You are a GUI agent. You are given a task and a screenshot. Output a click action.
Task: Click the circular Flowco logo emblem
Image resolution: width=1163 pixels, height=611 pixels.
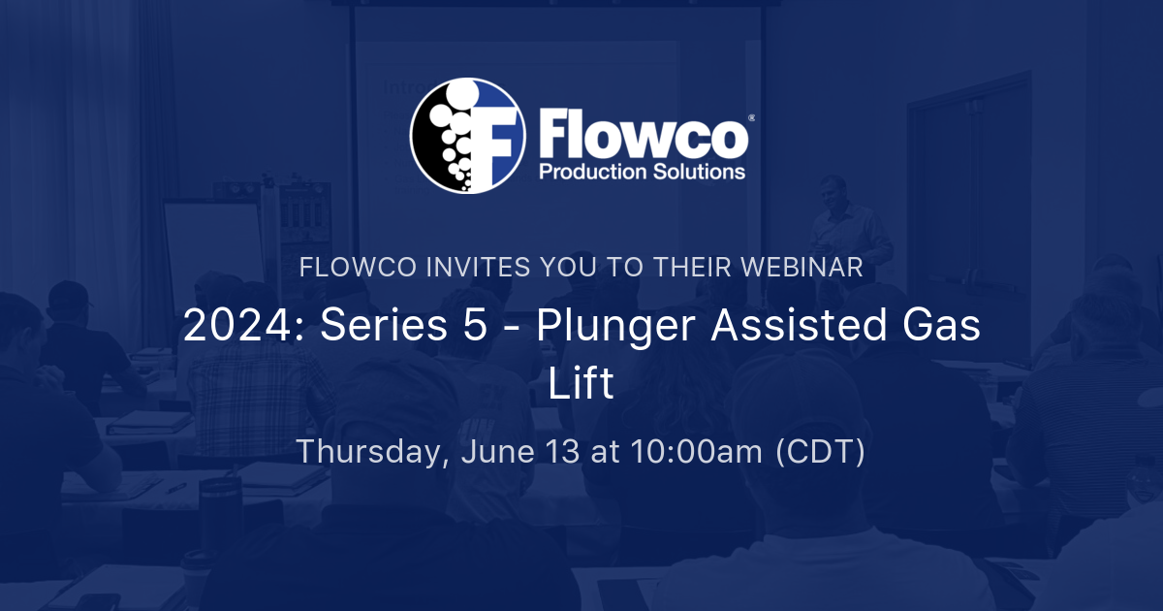(467, 135)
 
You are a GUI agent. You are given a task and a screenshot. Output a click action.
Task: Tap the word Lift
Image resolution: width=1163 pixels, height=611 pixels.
(581, 384)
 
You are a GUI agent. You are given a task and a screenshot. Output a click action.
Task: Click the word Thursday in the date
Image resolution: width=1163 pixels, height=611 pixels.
(369, 452)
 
